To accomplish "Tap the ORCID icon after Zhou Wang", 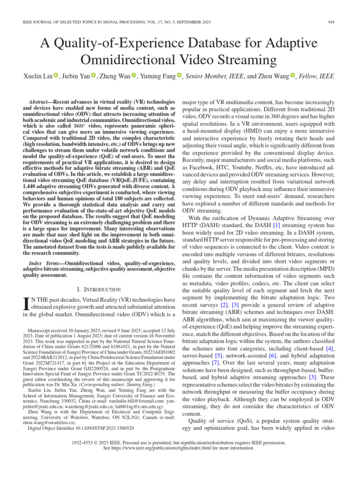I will pos(293,76).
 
